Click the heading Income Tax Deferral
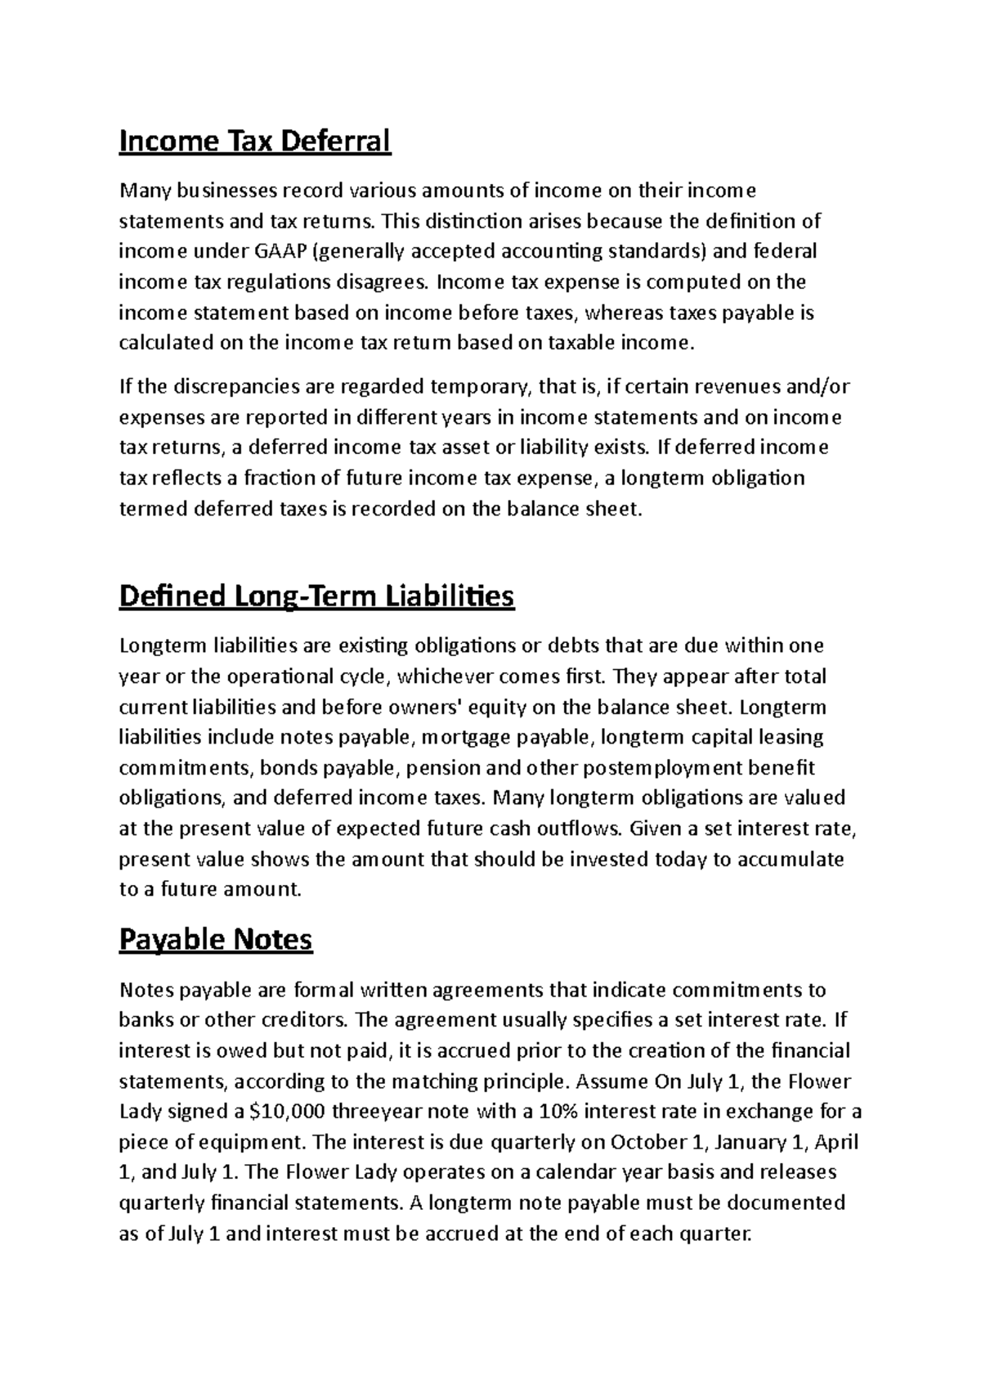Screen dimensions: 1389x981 [x=255, y=142]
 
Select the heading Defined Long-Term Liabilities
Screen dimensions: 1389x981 [x=316, y=596]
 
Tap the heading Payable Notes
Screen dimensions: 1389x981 [x=216, y=940]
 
